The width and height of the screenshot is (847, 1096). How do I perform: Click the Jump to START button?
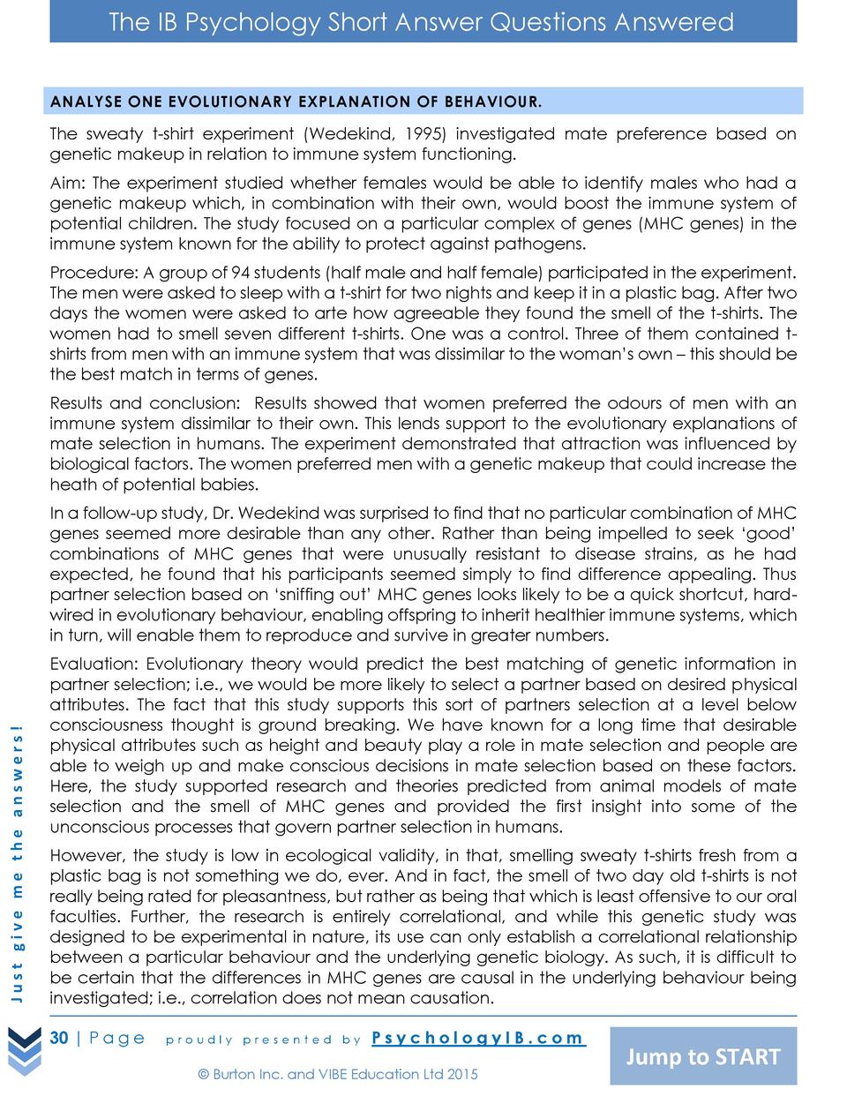[x=703, y=1056]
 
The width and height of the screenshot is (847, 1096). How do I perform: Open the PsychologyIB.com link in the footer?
[x=477, y=1038]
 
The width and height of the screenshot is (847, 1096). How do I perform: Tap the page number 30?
[x=59, y=1038]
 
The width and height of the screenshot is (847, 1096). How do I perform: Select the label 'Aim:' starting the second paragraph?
[x=68, y=184]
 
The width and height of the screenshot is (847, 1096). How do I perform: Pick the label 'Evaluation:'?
[x=94, y=664]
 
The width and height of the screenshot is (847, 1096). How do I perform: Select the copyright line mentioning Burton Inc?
[x=338, y=1074]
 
